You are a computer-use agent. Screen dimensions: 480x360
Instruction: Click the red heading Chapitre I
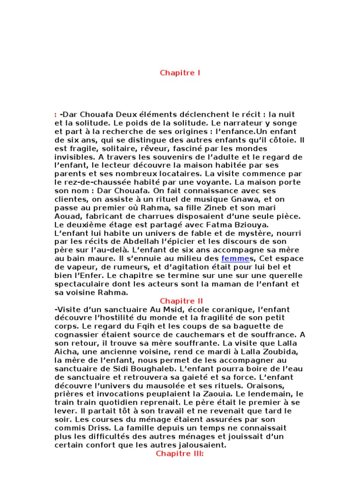180,73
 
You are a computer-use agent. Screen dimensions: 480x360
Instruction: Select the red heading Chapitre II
180,301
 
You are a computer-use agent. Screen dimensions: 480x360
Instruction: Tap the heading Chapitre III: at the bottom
180,454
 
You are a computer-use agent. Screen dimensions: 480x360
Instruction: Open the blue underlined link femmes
233,258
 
